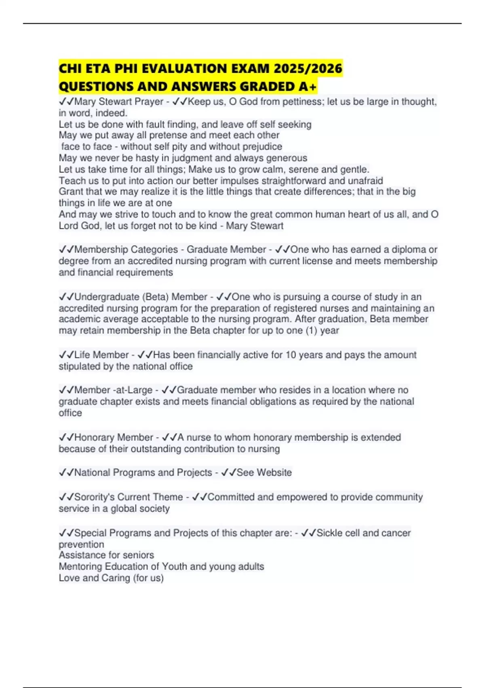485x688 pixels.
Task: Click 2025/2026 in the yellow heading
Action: pos(308,68)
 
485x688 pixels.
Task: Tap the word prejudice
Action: pos(262,147)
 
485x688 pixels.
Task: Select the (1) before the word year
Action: pos(311,330)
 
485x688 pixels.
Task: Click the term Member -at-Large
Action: pos(113,390)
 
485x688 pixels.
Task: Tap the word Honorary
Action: pos(94,437)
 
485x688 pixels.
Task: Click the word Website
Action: pos(274,473)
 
